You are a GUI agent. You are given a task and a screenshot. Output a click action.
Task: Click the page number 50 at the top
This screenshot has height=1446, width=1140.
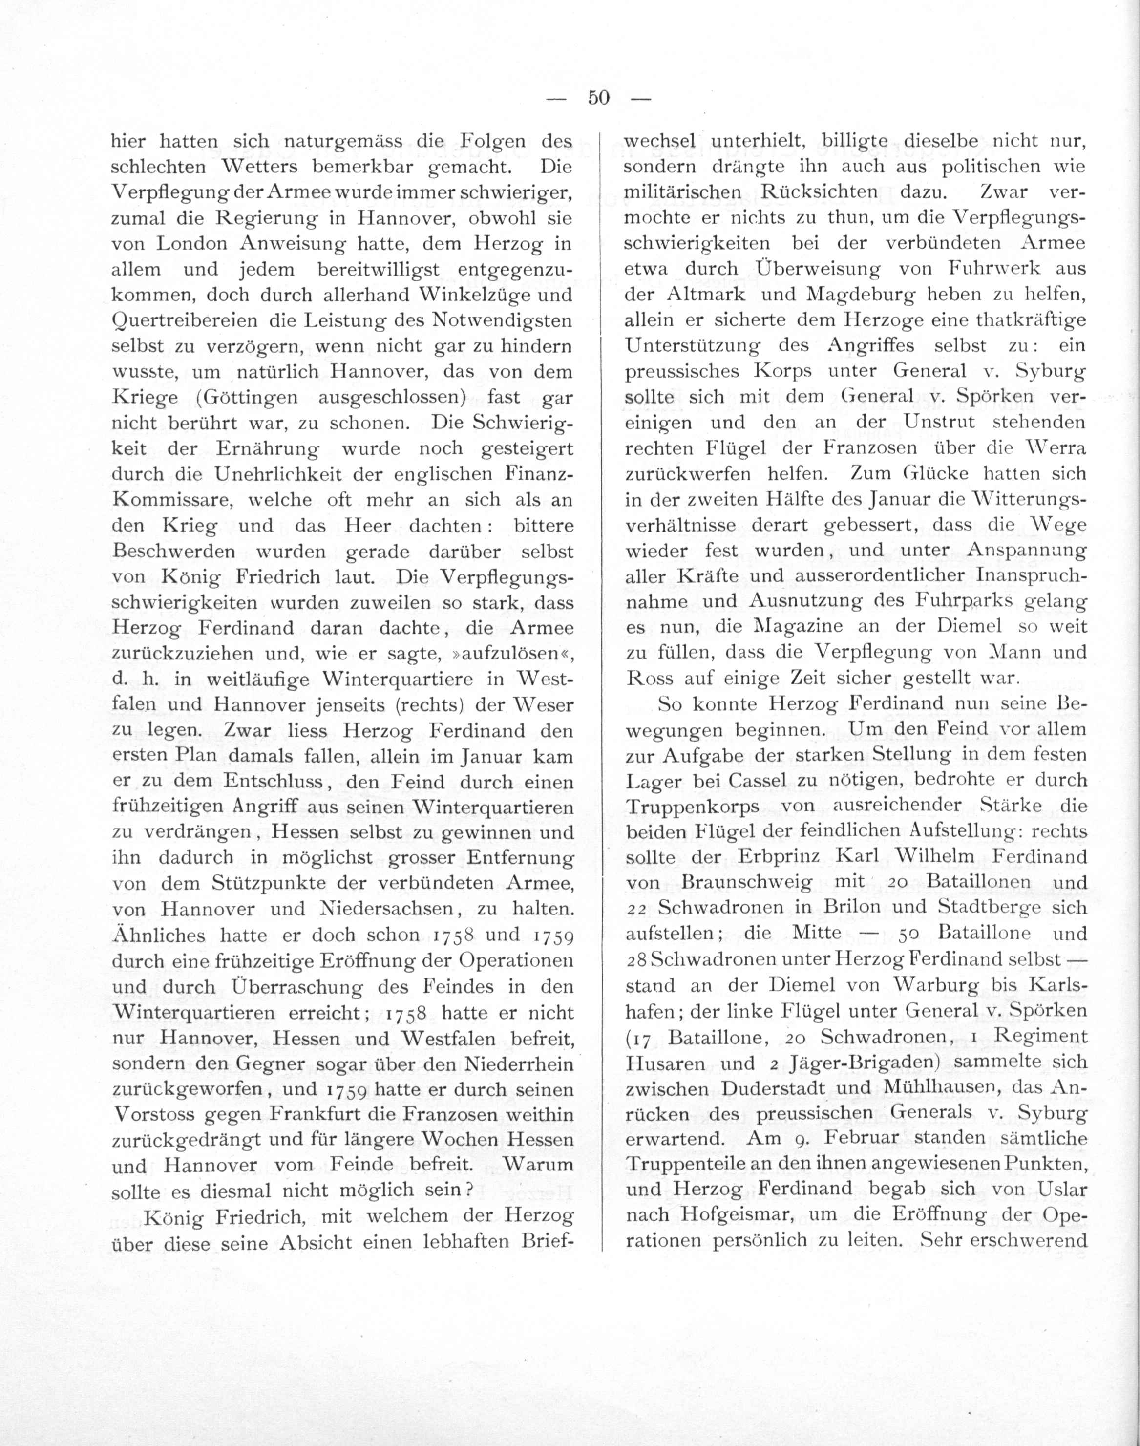coord(598,98)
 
